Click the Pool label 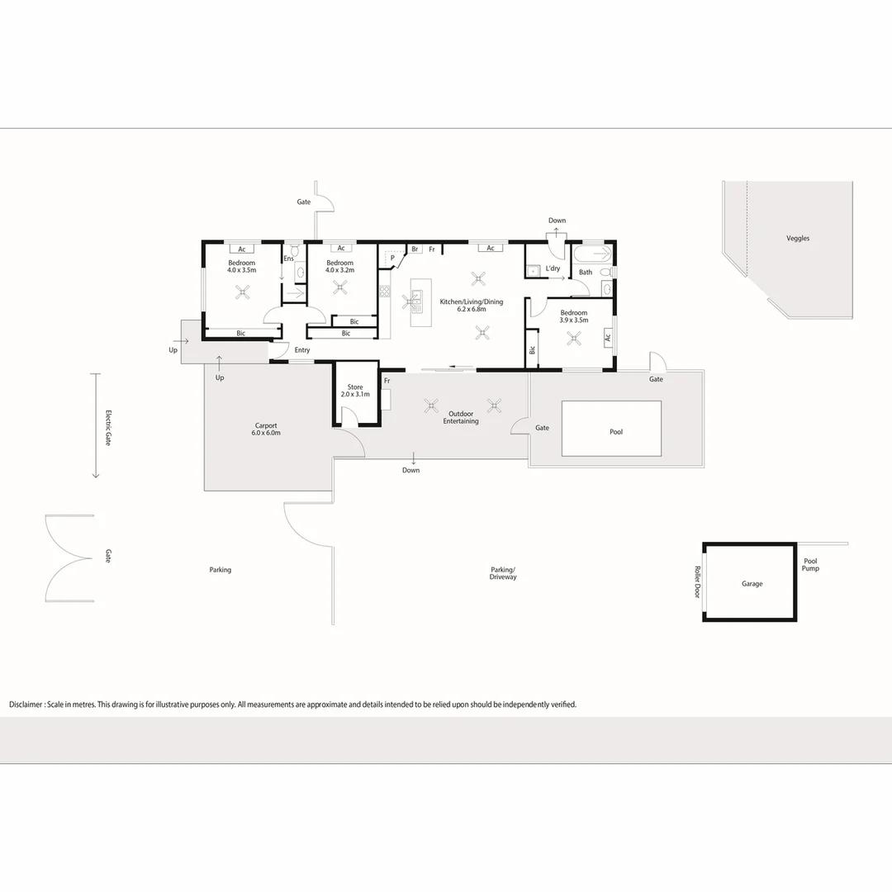(616, 432)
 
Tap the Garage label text (752, 584)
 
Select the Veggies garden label (798, 239)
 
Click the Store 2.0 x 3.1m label (355, 391)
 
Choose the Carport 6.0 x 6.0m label (266, 429)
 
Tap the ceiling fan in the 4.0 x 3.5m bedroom (243, 291)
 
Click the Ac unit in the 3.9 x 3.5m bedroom (608, 336)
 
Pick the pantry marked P (393, 258)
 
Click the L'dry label (553, 269)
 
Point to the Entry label (301, 350)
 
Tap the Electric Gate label (107, 429)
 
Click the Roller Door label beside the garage (698, 581)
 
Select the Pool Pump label (810, 565)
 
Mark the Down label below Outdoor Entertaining (411, 471)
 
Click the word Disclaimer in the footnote (26, 705)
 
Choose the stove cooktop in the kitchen (384, 292)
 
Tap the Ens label (288, 259)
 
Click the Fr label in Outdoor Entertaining (387, 381)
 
